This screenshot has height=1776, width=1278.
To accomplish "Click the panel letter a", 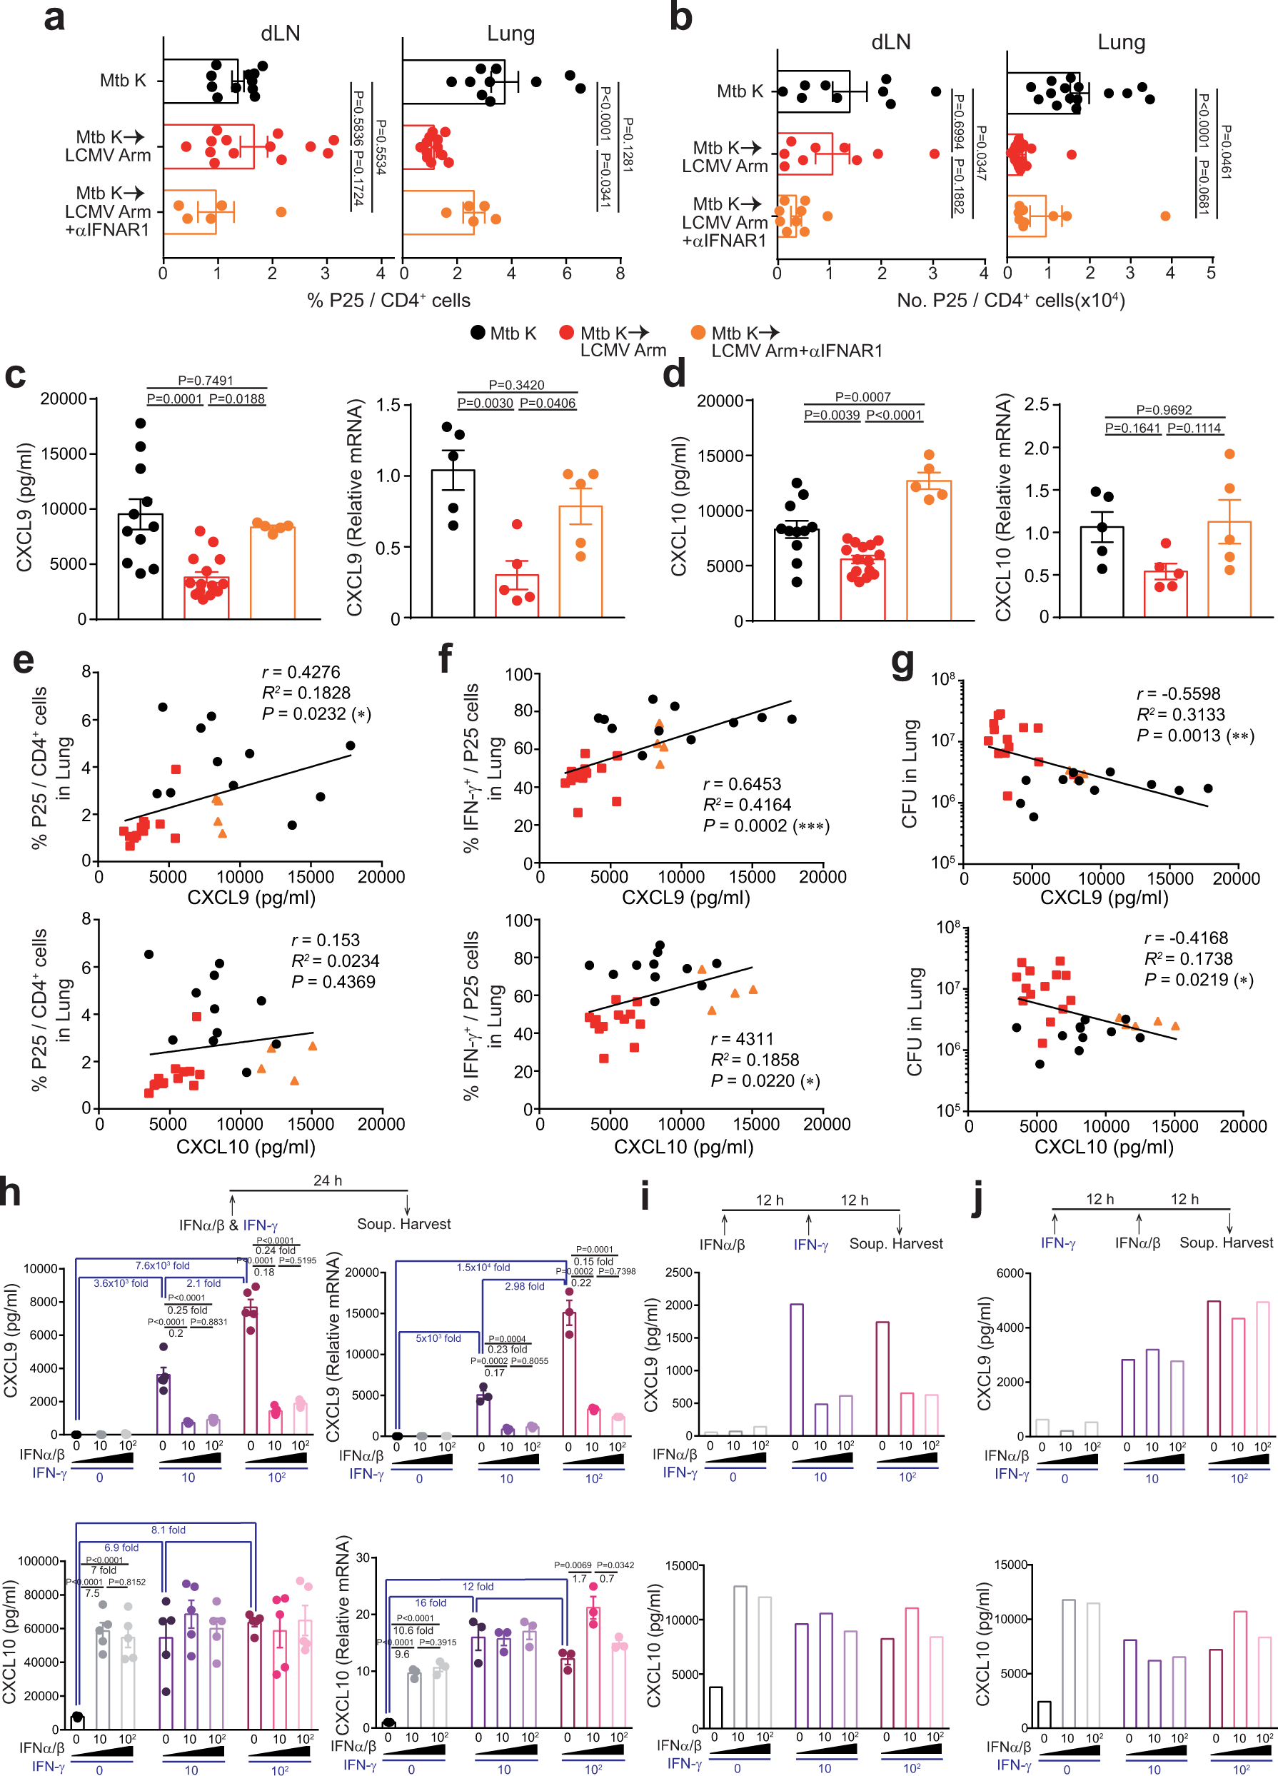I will [54, 17].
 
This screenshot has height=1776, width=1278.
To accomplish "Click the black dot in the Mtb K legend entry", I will [477, 332].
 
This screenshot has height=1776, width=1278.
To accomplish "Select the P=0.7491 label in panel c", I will [205, 381].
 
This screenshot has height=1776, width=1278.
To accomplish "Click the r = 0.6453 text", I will [742, 784].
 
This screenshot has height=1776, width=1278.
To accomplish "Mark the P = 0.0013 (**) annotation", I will [1195, 736].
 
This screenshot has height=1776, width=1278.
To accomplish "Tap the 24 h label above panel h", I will [327, 1180].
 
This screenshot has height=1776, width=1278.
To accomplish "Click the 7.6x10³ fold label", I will [162, 1265].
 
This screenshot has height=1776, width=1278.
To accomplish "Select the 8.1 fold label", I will [168, 1530].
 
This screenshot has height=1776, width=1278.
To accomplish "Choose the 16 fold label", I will [431, 1603].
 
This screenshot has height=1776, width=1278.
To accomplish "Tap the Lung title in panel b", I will [1121, 42].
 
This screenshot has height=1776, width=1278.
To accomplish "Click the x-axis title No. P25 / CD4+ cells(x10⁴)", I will [1010, 301].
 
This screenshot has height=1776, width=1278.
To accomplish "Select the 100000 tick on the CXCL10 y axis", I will [38, 1562].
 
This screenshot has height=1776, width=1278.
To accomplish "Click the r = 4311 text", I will [742, 1039].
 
